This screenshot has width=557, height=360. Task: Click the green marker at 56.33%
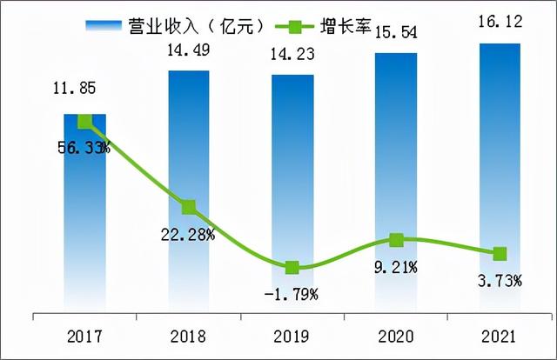pos(85,122)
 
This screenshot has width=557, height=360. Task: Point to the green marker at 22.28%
pos(189,207)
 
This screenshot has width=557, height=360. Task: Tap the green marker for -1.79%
pos(292,267)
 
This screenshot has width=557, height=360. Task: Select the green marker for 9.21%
pos(397,239)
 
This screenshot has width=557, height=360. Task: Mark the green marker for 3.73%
pos(500,254)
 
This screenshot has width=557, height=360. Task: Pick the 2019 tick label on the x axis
pos(292,337)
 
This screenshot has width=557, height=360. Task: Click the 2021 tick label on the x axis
pos(500,337)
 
